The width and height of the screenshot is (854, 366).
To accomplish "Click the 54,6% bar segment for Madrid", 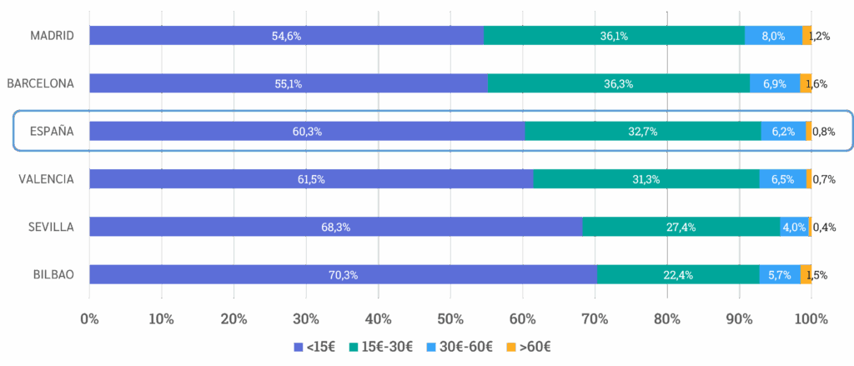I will (x=286, y=35).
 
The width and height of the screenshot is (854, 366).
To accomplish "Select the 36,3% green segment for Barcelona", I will (x=619, y=83).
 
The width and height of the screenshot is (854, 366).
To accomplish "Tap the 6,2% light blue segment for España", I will (x=783, y=132).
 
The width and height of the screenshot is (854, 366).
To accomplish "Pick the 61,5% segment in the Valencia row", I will (x=310, y=179).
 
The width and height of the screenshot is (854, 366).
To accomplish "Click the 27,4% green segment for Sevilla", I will (x=681, y=227).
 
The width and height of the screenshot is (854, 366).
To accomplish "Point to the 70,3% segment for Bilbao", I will (x=343, y=275).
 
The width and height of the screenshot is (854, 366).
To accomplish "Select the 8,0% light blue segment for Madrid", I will (x=773, y=35).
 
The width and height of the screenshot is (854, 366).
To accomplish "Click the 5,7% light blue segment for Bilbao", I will (x=780, y=275).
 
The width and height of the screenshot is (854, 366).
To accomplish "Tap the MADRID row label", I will (x=53, y=35).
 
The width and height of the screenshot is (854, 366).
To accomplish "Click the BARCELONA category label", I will (x=41, y=83).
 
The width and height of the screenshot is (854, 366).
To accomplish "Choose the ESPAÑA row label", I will (x=52, y=132).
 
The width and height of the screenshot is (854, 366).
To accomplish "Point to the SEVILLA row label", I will (x=50, y=227).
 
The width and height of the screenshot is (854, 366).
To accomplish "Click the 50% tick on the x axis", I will (x=450, y=318).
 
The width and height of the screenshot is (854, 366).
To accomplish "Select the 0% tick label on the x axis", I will (x=89, y=318).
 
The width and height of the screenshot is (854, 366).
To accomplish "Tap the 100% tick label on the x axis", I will (x=811, y=318).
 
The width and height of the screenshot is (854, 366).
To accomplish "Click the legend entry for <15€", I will (x=313, y=346).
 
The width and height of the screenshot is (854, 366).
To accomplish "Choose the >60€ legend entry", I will (x=531, y=346).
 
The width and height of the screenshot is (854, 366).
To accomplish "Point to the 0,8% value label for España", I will (x=824, y=132).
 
